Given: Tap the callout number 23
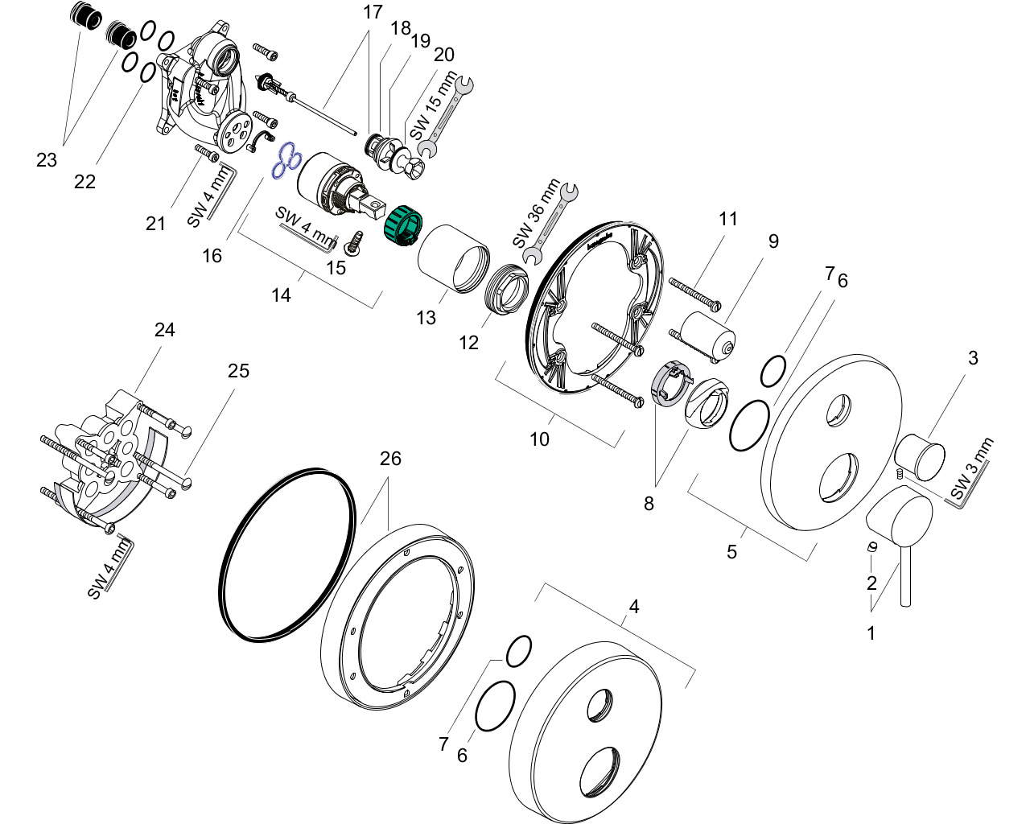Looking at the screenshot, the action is tap(47, 160).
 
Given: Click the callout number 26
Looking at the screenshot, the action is tap(390, 459).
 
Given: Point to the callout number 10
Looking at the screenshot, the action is tap(539, 439).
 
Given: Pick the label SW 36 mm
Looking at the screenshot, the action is tap(535, 213).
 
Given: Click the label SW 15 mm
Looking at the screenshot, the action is tap(434, 105).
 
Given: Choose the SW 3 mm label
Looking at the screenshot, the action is tap(971, 469).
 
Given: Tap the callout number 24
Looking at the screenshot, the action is tap(164, 329).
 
